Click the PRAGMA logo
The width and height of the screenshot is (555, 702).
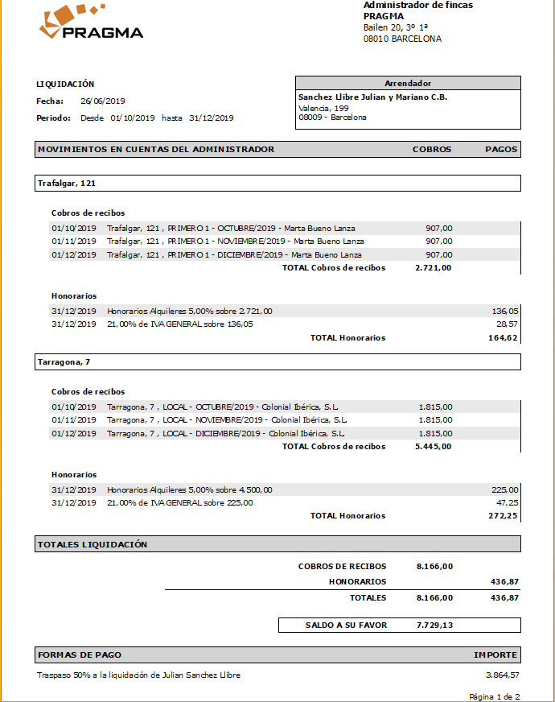point(90,23)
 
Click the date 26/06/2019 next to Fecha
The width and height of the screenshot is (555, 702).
point(103,101)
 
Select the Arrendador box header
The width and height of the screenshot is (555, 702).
point(408,83)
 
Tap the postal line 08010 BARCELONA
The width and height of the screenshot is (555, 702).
point(402,39)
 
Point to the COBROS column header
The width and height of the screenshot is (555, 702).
point(432,149)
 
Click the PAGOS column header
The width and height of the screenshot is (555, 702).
point(502,149)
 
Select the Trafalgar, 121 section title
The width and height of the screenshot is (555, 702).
point(67,184)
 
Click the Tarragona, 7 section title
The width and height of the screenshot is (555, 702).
point(65,363)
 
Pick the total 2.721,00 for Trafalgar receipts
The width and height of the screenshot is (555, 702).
point(434,267)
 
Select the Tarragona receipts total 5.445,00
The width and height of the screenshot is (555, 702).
point(434,446)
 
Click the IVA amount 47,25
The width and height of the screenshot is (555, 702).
point(508,502)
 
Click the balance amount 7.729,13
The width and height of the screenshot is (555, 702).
point(434,625)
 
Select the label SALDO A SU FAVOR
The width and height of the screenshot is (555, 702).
point(346,625)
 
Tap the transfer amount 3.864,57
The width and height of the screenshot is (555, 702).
point(502,675)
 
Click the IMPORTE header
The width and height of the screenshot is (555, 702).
point(495,655)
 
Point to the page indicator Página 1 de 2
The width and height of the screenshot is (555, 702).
point(495,696)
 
